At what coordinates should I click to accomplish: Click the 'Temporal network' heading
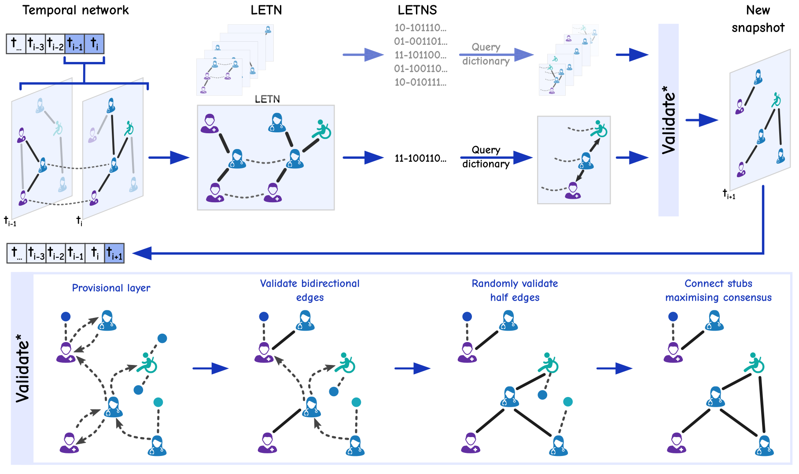pos(75,10)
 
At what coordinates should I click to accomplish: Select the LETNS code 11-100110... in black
pos(420,158)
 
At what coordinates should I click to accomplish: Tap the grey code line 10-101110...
pos(420,28)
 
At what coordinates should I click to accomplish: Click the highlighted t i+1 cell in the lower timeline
pos(114,253)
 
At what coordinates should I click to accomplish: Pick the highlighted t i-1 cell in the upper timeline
pos(74,44)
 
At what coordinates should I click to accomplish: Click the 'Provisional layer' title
pos(111,288)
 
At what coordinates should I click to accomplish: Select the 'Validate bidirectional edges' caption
pos(309,290)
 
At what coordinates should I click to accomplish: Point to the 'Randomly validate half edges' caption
pos(515,290)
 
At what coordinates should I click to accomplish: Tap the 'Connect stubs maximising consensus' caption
pos(718,290)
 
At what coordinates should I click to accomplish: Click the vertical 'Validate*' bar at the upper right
pos(668,120)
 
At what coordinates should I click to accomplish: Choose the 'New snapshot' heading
pos(758,19)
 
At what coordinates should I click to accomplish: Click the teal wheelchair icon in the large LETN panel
pos(322,129)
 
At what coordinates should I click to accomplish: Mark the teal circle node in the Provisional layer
pos(158,402)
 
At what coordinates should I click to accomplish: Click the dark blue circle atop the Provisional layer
pos(66,316)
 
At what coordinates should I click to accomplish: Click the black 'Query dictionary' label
pos(486,157)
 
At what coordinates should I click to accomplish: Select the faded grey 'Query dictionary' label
pos(486,54)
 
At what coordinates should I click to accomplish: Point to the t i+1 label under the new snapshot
pos(729,194)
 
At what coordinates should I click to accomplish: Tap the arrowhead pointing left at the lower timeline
pos(142,253)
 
